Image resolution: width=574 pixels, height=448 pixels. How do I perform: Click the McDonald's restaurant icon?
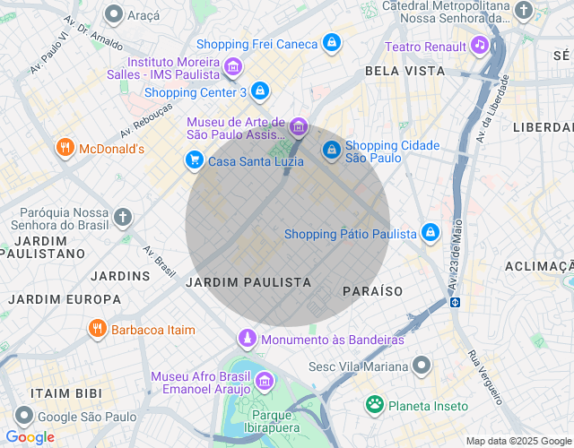click(x=65, y=149)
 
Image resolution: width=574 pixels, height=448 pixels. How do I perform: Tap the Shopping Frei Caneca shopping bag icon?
click(x=332, y=43)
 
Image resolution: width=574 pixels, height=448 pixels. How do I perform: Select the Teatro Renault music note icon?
click(x=480, y=46)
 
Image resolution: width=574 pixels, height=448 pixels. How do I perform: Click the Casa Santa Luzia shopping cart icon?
click(x=194, y=160)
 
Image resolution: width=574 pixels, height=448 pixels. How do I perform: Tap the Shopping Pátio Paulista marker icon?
click(x=430, y=233)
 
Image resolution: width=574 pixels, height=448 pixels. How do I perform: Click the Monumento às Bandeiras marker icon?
click(x=247, y=339)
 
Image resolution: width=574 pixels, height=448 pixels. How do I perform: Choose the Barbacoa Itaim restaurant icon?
click(x=98, y=329)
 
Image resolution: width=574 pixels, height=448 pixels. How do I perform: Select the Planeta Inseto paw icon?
click(x=374, y=405)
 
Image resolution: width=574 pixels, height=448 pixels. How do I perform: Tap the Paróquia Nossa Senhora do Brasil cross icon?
click(x=123, y=217)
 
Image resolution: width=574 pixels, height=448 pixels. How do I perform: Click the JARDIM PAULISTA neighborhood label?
click(x=248, y=282)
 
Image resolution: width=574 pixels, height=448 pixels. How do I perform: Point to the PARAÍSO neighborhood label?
click(x=373, y=291)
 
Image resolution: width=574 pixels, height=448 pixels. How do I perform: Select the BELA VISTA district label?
click(x=404, y=70)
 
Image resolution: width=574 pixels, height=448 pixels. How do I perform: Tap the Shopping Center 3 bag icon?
click(x=259, y=90)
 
